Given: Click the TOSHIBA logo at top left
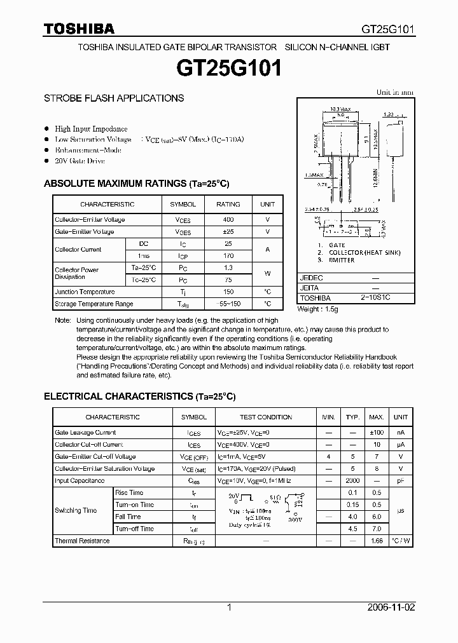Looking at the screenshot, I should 79,29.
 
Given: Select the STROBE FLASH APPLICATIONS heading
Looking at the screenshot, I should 114,98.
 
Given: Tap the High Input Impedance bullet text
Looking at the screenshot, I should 91,129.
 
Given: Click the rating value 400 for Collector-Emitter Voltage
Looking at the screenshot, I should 228,219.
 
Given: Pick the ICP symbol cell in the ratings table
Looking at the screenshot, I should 183,256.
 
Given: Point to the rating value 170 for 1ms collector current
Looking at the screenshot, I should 228,256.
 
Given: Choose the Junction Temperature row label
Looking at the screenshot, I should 85,292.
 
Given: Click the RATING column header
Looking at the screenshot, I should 228,204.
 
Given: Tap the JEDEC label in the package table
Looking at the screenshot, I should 312,278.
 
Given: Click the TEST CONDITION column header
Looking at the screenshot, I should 266,417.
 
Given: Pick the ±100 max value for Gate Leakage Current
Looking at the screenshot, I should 377,432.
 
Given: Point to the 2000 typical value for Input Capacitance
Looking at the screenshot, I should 352,481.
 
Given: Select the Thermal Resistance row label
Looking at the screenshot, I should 82,541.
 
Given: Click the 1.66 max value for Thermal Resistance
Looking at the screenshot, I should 377,541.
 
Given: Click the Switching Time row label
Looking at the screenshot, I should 76,510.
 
